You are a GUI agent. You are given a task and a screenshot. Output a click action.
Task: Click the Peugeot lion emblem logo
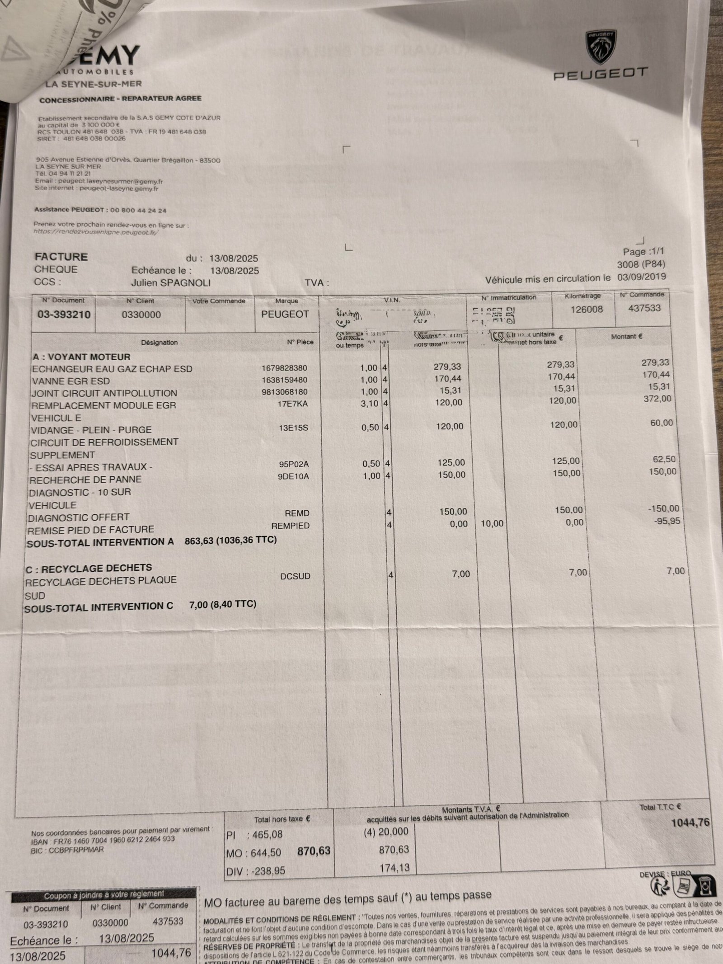coord(601,48)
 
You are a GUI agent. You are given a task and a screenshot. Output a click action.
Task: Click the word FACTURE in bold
coord(61,257)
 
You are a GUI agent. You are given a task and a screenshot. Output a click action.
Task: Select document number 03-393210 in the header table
coord(64,315)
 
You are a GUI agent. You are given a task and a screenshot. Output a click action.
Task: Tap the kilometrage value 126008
coord(587,309)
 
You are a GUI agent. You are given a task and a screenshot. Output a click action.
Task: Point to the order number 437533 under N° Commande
coord(644,308)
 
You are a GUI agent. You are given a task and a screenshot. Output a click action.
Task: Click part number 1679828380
coord(284,368)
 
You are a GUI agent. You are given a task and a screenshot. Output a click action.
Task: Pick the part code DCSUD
coord(295,576)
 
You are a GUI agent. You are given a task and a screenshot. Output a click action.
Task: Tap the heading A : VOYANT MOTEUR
coord(81,357)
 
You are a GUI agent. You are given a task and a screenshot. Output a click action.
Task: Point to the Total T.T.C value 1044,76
coord(690,823)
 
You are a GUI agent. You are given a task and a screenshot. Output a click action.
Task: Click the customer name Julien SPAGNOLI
coord(171,283)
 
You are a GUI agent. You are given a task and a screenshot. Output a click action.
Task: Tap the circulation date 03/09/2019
coord(641,277)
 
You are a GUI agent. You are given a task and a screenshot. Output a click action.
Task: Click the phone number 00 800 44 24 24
coord(138,210)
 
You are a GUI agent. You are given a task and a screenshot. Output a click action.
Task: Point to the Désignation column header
coord(159,343)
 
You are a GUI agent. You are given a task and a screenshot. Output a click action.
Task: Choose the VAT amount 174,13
coord(394,867)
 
